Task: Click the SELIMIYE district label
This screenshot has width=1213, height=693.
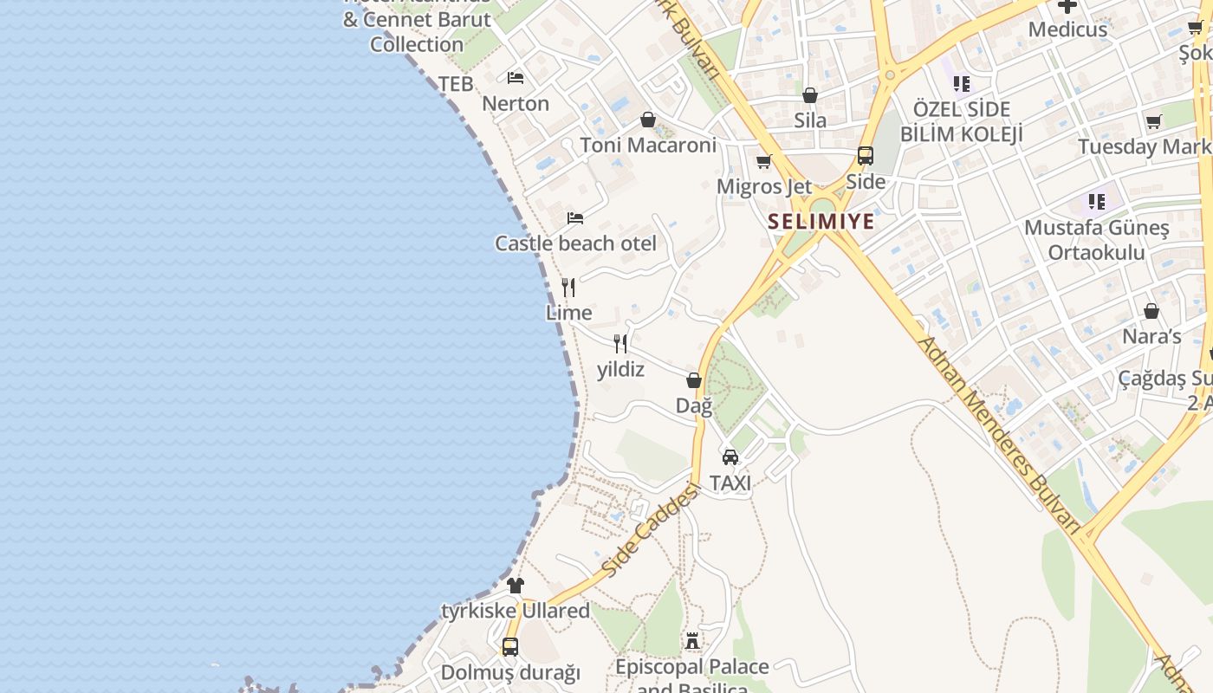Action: [x=821, y=222]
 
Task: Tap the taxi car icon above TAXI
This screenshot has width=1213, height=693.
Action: [x=730, y=457]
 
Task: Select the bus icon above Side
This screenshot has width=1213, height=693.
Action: [x=866, y=156]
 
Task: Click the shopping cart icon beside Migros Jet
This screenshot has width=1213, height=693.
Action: [x=763, y=162]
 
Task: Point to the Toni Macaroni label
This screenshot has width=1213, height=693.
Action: [x=648, y=145]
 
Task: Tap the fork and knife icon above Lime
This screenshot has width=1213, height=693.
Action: [x=568, y=288]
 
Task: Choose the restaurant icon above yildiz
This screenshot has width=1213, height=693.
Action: [x=620, y=344]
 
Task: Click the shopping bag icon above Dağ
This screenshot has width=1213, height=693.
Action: [x=694, y=380]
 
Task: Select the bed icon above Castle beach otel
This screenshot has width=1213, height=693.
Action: [x=574, y=218]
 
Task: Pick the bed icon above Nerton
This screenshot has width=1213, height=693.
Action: [x=516, y=78]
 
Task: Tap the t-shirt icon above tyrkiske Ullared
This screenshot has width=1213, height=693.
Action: [x=516, y=586]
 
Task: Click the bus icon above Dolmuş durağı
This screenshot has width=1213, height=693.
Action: [x=510, y=646]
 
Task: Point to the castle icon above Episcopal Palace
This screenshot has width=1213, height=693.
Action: [x=692, y=641]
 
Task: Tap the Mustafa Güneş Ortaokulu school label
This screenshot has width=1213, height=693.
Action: [x=1096, y=240]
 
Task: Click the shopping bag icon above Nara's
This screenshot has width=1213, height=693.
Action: [x=1151, y=311]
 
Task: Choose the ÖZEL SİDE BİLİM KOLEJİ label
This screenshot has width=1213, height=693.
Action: [x=962, y=122]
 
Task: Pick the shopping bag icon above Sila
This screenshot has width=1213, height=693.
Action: [x=810, y=95]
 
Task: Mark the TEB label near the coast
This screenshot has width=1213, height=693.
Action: [x=456, y=84]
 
